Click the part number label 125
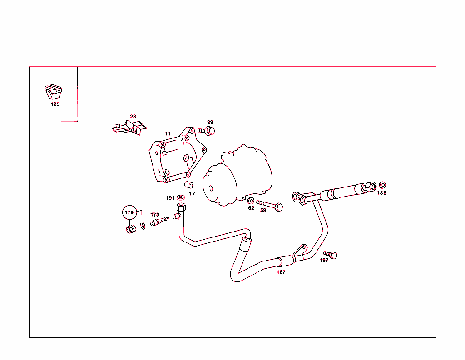54,104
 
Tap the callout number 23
133,117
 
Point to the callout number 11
168,134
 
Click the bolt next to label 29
207,131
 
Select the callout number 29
210,123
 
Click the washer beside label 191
181,198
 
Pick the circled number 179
130,212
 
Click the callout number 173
155,215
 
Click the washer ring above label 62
251,201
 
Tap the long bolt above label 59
270,205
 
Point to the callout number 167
281,272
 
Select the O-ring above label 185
382,185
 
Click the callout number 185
381,193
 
